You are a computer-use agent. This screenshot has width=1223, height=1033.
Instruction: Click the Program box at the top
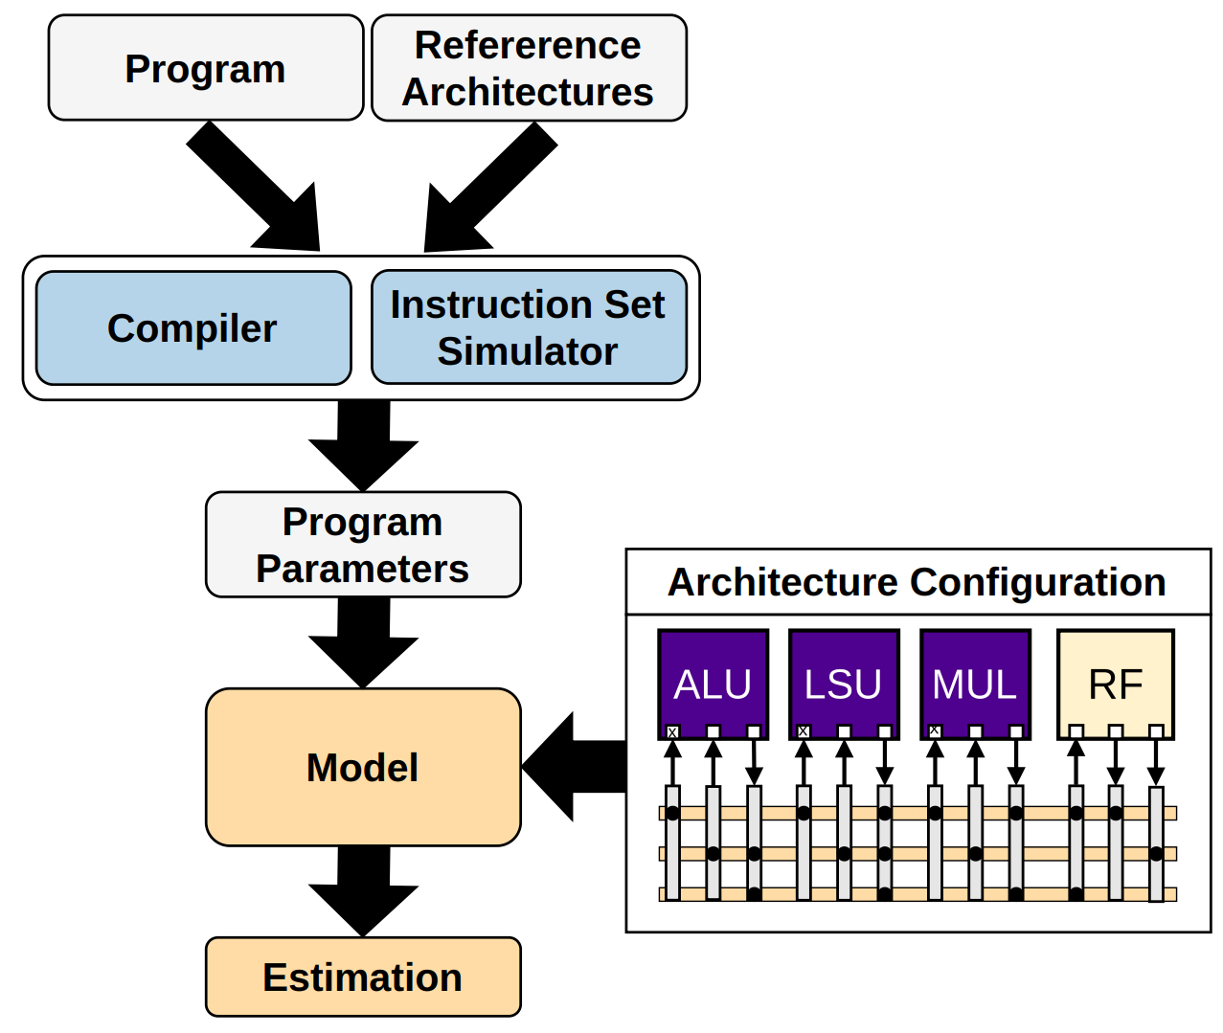coord(205,68)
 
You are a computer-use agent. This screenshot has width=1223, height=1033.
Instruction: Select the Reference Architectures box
coord(528,68)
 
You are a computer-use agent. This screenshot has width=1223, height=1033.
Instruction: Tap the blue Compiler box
coord(193,328)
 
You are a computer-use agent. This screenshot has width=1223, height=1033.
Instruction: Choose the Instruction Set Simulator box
coord(528,327)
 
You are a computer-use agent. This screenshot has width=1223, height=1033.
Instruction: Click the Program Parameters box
coord(363,545)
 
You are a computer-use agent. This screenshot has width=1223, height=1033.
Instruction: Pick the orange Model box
coord(363,767)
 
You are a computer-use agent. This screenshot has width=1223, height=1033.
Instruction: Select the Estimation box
coord(363,977)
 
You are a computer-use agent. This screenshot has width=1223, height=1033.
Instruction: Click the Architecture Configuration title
coord(917,582)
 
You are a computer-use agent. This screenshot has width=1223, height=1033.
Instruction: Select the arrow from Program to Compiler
coord(259,192)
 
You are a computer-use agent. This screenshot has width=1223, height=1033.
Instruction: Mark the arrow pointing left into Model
coord(575,767)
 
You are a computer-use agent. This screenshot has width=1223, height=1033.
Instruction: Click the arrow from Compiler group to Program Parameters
coord(363,444)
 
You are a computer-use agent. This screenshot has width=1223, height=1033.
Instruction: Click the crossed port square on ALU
coord(672,732)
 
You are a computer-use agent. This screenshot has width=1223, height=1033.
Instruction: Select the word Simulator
coord(528,352)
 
